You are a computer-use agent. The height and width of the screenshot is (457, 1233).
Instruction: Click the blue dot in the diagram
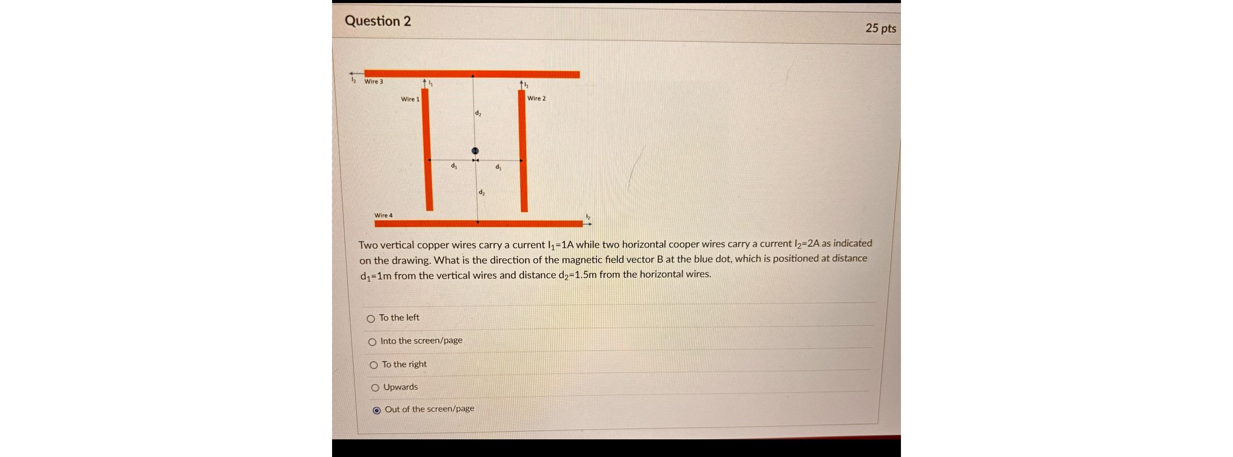click(x=475, y=151)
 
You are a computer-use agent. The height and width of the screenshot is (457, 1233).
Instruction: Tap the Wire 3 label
click(x=374, y=81)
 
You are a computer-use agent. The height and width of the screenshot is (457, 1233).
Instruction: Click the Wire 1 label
click(x=410, y=99)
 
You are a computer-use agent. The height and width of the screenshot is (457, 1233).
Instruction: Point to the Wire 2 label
click(x=536, y=98)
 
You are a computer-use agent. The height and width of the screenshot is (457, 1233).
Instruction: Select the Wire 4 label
click(x=383, y=215)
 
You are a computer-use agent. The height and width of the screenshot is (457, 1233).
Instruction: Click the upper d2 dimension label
click(x=478, y=113)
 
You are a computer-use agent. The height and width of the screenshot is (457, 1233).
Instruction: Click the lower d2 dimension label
click(x=482, y=192)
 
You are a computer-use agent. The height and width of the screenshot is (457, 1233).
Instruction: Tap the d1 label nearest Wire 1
click(x=454, y=166)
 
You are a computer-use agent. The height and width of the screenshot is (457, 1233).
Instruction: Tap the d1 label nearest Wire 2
click(x=498, y=167)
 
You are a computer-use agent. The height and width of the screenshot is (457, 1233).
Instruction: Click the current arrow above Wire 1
click(x=425, y=83)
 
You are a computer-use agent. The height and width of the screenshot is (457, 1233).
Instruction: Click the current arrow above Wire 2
click(x=522, y=84)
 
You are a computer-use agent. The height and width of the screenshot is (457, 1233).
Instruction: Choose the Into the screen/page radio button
click(x=372, y=342)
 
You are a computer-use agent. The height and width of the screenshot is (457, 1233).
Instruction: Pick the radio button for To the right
click(x=374, y=365)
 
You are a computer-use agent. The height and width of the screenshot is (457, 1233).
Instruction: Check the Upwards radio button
click(x=375, y=388)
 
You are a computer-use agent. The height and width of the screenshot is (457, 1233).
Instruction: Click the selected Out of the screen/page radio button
click(x=377, y=410)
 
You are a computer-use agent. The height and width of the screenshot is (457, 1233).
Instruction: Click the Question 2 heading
click(x=377, y=21)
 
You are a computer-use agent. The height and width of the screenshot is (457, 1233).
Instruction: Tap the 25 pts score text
click(x=880, y=28)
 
